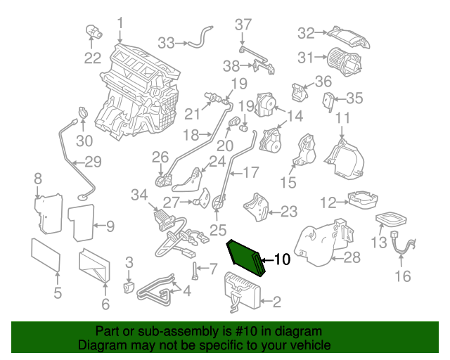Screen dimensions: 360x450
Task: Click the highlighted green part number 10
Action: pos(245,258)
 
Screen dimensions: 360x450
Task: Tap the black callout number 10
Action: pos(281,259)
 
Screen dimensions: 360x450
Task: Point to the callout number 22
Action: pos(93,58)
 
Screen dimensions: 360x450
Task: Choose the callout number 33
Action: pos(166,43)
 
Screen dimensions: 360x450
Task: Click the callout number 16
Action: pos(401,276)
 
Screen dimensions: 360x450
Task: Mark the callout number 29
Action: pos(93,162)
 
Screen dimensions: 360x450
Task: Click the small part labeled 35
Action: pos(328,101)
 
